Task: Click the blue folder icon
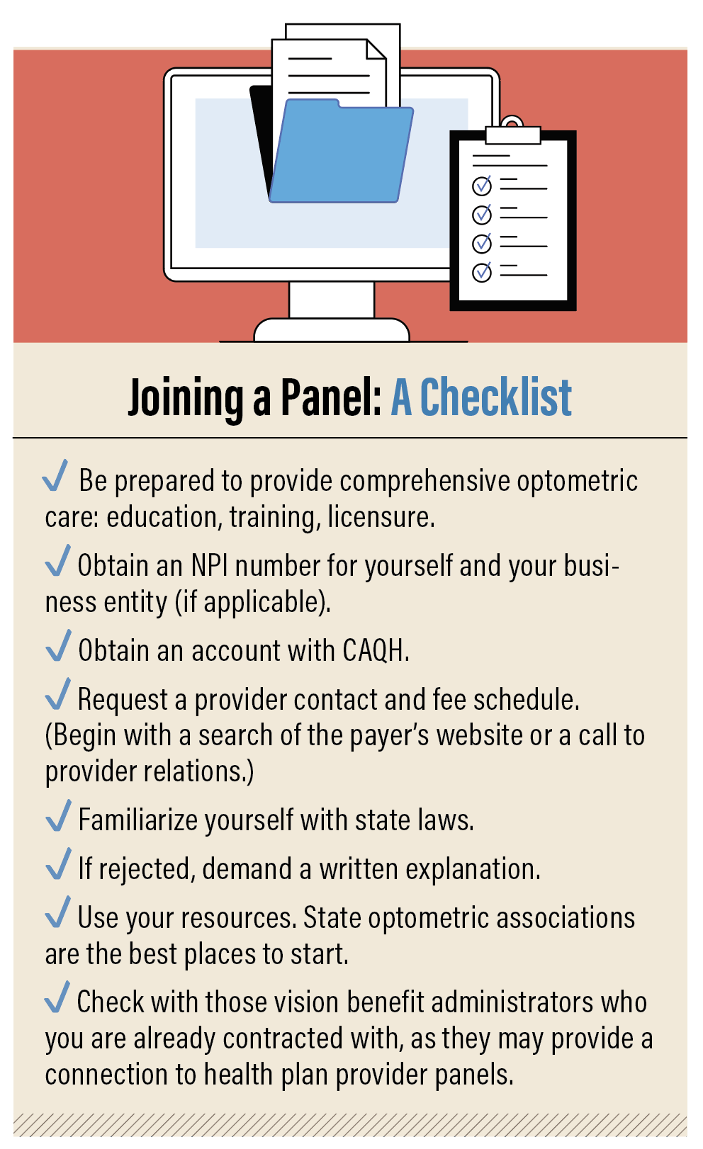pos(342,152)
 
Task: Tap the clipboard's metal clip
pos(512,131)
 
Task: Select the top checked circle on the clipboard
pos(482,185)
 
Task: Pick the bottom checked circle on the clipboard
pos(482,272)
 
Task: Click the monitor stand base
pos(332,330)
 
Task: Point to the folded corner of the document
pos(376,50)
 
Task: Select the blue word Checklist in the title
pos(495,397)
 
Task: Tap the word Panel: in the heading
pos(332,397)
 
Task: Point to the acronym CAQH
pos(376,650)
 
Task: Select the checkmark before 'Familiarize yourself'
pos(59,815)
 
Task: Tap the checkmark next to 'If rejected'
pos(59,864)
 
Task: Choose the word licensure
pos(381,516)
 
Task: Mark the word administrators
pos(512,1002)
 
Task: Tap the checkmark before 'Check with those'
pos(57,997)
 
